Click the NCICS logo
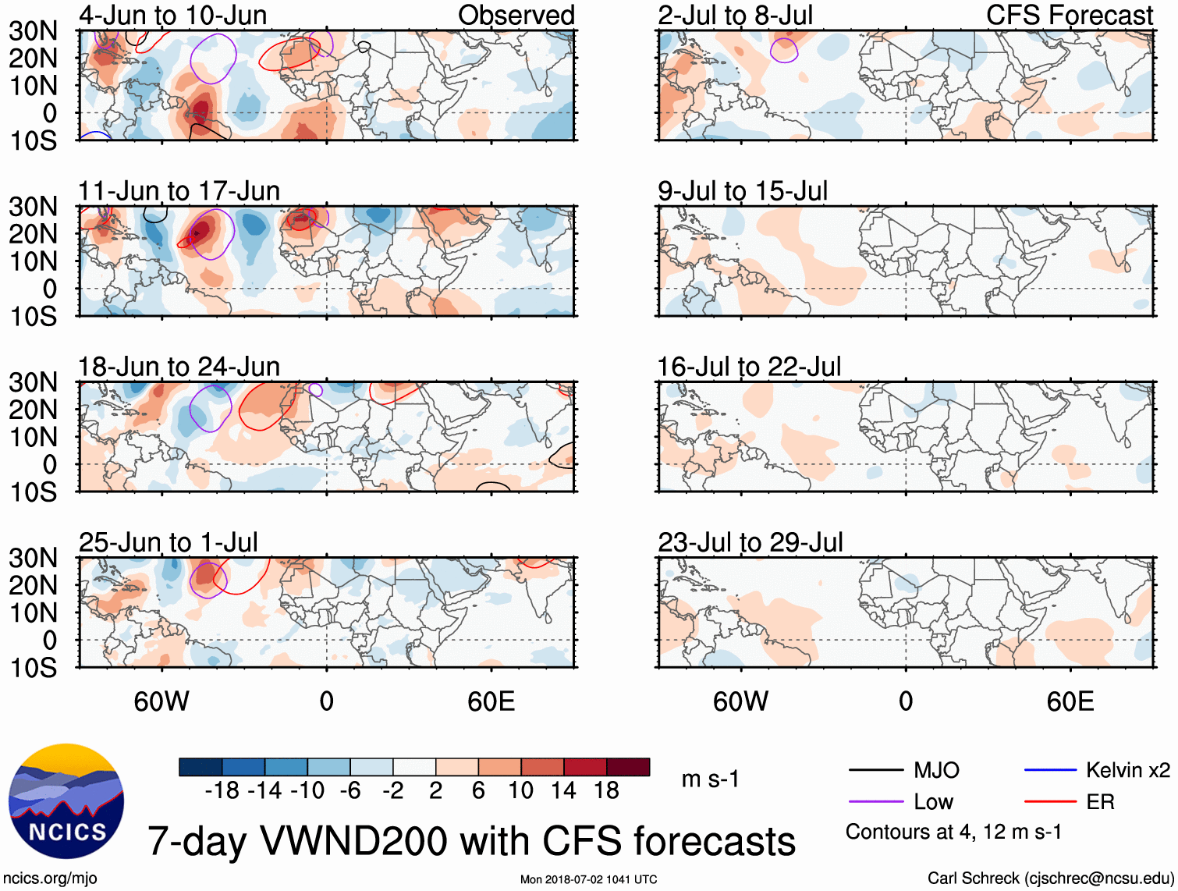[x=66, y=801]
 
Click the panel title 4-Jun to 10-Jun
[x=172, y=15]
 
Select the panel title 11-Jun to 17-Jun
[x=179, y=191]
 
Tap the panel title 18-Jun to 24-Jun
[x=179, y=367]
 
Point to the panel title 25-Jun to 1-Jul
[x=168, y=542]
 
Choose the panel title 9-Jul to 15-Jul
[x=742, y=191]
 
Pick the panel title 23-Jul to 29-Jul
[x=750, y=542]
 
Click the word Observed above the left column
[x=516, y=15]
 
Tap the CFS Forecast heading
[x=1069, y=15]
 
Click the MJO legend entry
[x=935, y=771]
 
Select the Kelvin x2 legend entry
[x=1127, y=771]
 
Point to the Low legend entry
[x=933, y=802]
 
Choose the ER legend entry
[x=1100, y=802]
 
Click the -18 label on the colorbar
[x=222, y=791]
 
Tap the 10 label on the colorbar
[x=520, y=791]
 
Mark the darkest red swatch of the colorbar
[x=628, y=767]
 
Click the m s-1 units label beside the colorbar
[x=710, y=779]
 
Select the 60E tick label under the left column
[x=491, y=701]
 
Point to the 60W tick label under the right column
[x=740, y=701]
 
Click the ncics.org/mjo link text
[x=50, y=879]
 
